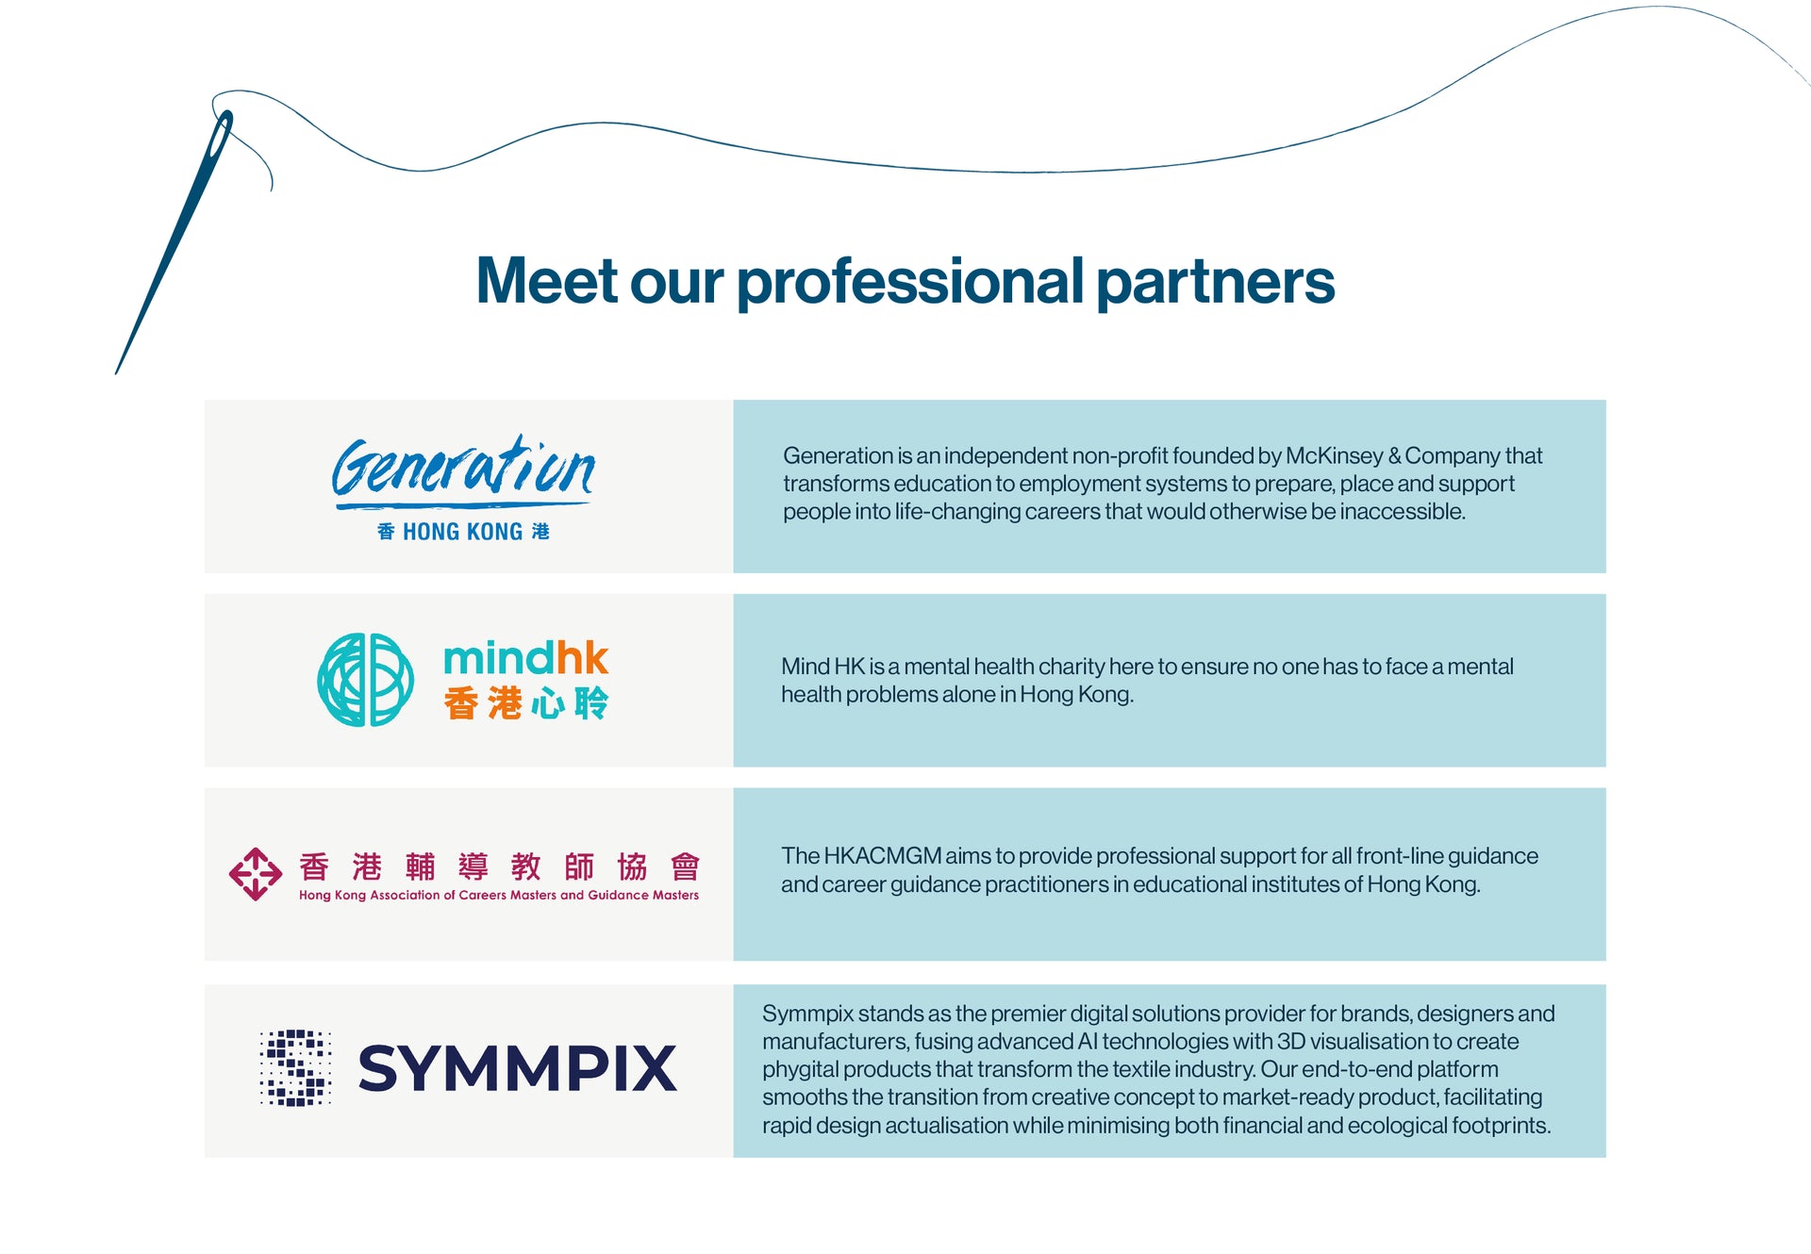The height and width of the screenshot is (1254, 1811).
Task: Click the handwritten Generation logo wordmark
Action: [462, 469]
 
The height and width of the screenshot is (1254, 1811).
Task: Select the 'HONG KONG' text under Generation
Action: [462, 532]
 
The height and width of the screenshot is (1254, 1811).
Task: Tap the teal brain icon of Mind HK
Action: [365, 680]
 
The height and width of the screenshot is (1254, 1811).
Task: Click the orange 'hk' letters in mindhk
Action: [581, 658]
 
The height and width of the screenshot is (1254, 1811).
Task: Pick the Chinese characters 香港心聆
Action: [525, 703]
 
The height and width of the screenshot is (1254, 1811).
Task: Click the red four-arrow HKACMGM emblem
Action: [255, 874]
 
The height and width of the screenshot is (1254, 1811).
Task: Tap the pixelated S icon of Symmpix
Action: [295, 1067]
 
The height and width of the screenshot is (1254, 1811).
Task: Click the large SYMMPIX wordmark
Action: [517, 1068]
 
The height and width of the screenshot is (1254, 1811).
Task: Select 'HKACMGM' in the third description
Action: [882, 856]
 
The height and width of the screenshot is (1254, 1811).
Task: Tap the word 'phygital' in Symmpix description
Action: [800, 1069]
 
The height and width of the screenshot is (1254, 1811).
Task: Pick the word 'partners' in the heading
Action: [1215, 281]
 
